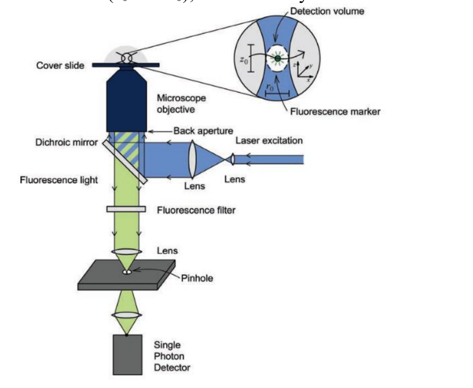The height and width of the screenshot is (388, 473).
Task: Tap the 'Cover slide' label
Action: click(x=60, y=65)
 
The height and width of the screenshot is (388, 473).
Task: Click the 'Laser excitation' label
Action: click(x=269, y=141)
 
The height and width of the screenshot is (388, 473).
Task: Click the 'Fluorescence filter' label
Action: click(x=196, y=210)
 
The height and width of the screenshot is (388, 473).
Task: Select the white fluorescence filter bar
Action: click(x=126, y=209)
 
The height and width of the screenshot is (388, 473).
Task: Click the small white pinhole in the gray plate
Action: click(x=126, y=272)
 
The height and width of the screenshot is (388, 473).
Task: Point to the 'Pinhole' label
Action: click(x=197, y=278)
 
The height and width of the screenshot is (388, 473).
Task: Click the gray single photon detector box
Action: click(x=126, y=354)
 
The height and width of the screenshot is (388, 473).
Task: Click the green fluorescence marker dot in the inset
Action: click(x=278, y=57)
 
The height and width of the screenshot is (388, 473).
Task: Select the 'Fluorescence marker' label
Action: click(x=335, y=112)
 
